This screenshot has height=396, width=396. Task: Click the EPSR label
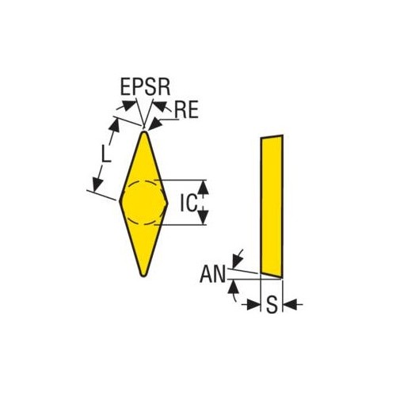[145, 86]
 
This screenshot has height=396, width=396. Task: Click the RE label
[186, 110]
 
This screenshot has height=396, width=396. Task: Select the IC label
[188, 203]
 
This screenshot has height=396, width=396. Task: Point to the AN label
[213, 274]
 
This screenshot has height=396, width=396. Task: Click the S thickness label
[272, 304]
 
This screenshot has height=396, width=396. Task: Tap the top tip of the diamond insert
[144, 131]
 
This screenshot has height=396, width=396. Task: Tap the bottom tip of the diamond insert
[143, 276]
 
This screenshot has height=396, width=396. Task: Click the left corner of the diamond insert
[120, 201]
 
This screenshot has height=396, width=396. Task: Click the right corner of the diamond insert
[167, 204]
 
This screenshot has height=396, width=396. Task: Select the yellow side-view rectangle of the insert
[272, 206]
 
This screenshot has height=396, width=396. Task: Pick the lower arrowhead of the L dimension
[97, 184]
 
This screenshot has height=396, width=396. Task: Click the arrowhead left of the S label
[253, 304]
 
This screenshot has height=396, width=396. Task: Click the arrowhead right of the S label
[290, 304]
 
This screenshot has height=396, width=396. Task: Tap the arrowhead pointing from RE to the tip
[155, 124]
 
